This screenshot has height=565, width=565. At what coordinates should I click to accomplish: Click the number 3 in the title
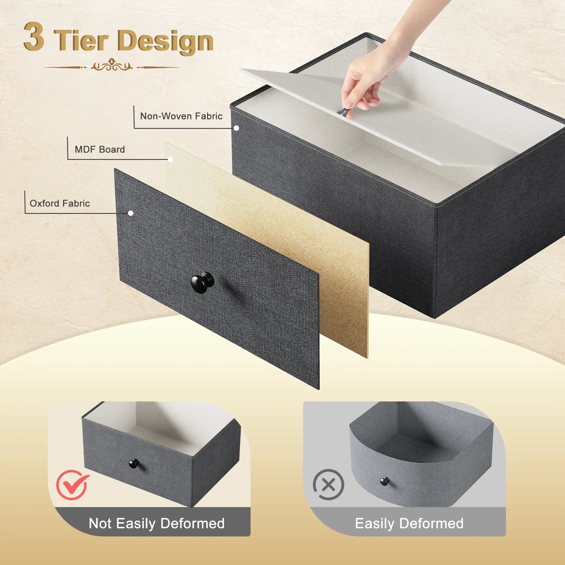pos(34,36)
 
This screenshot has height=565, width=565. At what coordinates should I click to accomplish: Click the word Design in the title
pos(166,41)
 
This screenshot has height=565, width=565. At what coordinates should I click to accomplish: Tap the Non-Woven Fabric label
pos(181,116)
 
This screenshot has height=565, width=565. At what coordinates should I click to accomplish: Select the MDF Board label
pos(100,149)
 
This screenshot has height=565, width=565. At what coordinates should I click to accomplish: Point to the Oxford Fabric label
pos(60,203)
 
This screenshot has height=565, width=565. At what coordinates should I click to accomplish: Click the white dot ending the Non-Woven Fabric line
pos(236,128)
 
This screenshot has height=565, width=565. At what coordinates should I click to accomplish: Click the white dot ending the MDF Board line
pos(171,159)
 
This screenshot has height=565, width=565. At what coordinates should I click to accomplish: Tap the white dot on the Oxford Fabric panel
pos(131,213)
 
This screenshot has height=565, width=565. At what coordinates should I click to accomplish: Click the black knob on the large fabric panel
pos(202,282)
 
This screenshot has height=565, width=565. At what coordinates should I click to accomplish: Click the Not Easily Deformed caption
pos(157,523)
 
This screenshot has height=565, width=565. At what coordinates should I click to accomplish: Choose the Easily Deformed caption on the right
pos(409,523)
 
